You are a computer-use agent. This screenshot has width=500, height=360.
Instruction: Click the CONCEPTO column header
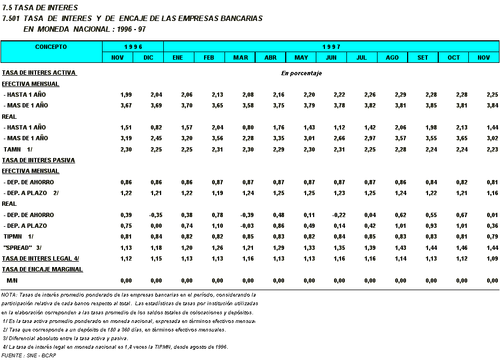point(51,47)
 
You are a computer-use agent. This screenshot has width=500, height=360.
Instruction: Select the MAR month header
point(240,57)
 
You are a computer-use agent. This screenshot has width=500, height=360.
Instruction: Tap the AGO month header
point(392,57)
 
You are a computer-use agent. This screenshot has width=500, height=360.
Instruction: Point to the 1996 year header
point(133,47)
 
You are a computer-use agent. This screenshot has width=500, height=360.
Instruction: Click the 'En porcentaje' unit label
point(301,73)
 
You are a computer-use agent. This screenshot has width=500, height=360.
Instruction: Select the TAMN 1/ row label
point(18,149)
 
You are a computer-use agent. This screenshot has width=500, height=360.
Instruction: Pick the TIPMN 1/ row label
point(19,236)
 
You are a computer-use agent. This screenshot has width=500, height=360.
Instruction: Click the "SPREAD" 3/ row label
point(22,248)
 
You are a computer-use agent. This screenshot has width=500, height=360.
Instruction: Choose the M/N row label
point(11,280)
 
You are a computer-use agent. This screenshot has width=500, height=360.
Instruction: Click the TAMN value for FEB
point(217,149)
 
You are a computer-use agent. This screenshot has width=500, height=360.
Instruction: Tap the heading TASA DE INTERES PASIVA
point(38,160)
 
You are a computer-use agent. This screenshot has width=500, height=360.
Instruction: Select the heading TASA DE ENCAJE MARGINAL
point(42,269)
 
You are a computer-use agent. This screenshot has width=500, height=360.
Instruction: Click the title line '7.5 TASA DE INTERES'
point(32,8)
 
